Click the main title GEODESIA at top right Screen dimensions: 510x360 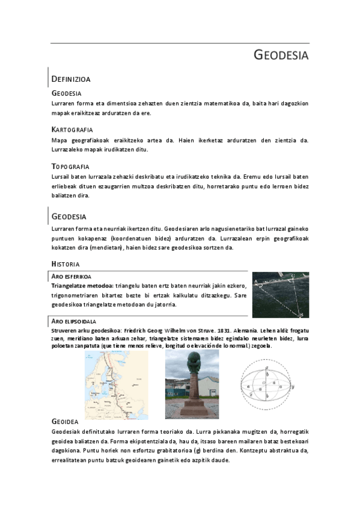click(281, 56)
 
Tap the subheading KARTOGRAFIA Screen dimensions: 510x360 click(72, 129)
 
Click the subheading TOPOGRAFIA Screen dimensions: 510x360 click(70, 166)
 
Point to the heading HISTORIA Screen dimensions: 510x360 click(66, 263)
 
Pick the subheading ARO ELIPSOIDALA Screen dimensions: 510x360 click(75, 322)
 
